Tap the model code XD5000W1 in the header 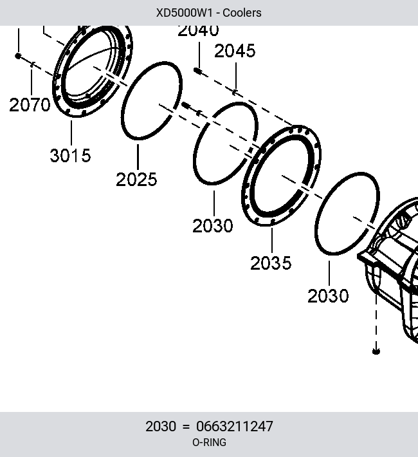coord(185,13)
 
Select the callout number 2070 coord(30,105)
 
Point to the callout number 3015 coord(70,155)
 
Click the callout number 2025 coord(136,179)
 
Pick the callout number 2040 coord(198,31)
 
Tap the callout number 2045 coord(235,51)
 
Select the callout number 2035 coord(271,263)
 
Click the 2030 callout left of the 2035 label coord(213,225)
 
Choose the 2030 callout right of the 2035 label coord(328,296)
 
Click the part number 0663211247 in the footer coord(235,426)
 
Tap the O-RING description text coord(209,442)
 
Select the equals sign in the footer coord(186,427)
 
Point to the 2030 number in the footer coord(161,426)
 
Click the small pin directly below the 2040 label coord(197,71)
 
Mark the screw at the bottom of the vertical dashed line coord(376,351)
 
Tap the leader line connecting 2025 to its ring coord(138,157)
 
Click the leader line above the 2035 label coord(272,241)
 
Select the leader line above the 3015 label coord(71,133)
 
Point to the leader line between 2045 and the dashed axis coord(236,77)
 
